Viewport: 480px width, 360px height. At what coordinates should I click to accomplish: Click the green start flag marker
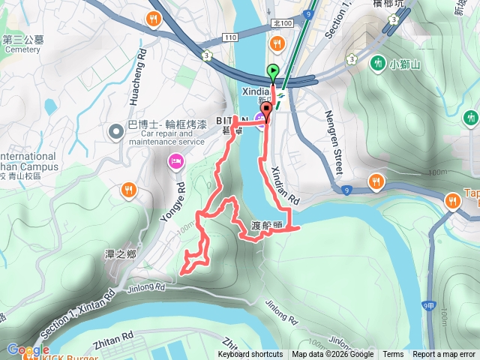272,73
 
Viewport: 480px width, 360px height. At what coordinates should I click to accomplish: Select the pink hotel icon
176,160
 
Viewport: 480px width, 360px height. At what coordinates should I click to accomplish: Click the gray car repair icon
116,132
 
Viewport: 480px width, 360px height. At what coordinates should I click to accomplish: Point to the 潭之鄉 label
121,254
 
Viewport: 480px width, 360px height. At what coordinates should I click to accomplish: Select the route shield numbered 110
229,37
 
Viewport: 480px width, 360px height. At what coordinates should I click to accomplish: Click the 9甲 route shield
429,305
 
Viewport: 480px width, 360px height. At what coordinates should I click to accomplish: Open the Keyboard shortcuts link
250,355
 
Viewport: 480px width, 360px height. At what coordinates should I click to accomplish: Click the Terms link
393,355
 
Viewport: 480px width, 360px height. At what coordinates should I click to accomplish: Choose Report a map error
445,355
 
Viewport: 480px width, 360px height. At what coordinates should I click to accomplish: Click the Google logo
28,349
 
